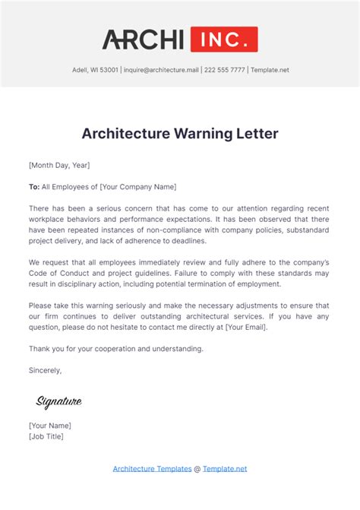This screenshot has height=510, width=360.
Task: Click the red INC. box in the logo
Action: coord(224,40)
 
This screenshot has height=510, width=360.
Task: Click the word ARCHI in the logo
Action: coord(144,40)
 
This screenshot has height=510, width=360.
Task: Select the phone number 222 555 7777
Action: coord(226,70)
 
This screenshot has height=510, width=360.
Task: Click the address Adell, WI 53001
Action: coord(95,70)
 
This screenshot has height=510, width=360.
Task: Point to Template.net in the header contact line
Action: coord(270,70)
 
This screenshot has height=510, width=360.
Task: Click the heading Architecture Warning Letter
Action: coord(180,135)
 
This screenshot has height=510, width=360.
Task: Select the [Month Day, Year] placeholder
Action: coord(59,165)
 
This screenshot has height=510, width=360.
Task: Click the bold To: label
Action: coord(34,186)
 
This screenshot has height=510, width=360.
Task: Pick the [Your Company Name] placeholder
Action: coord(138,186)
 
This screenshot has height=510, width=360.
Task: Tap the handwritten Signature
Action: coord(58,401)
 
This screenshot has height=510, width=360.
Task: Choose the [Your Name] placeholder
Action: coord(50,426)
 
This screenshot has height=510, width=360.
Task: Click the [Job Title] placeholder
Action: coord(46,436)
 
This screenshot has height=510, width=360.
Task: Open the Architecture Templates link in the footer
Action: coord(152,469)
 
